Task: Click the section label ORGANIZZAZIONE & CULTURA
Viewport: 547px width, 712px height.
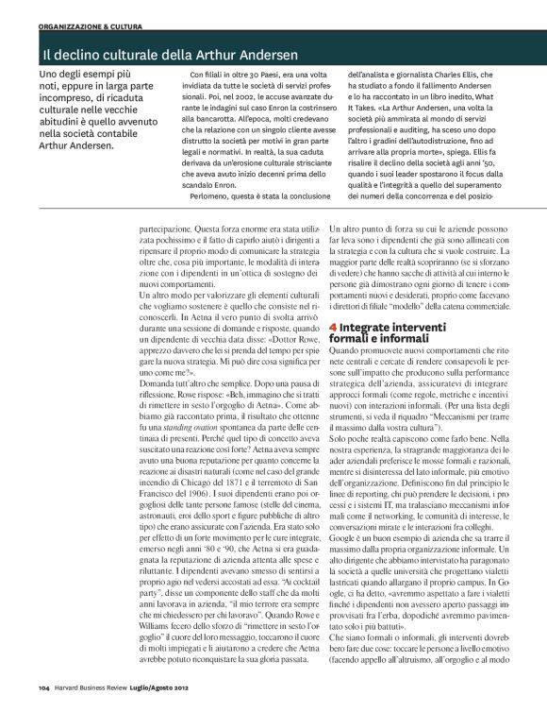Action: pyautogui.click(x=88, y=25)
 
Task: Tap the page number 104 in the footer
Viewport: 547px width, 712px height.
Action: pyautogui.click(x=44, y=687)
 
